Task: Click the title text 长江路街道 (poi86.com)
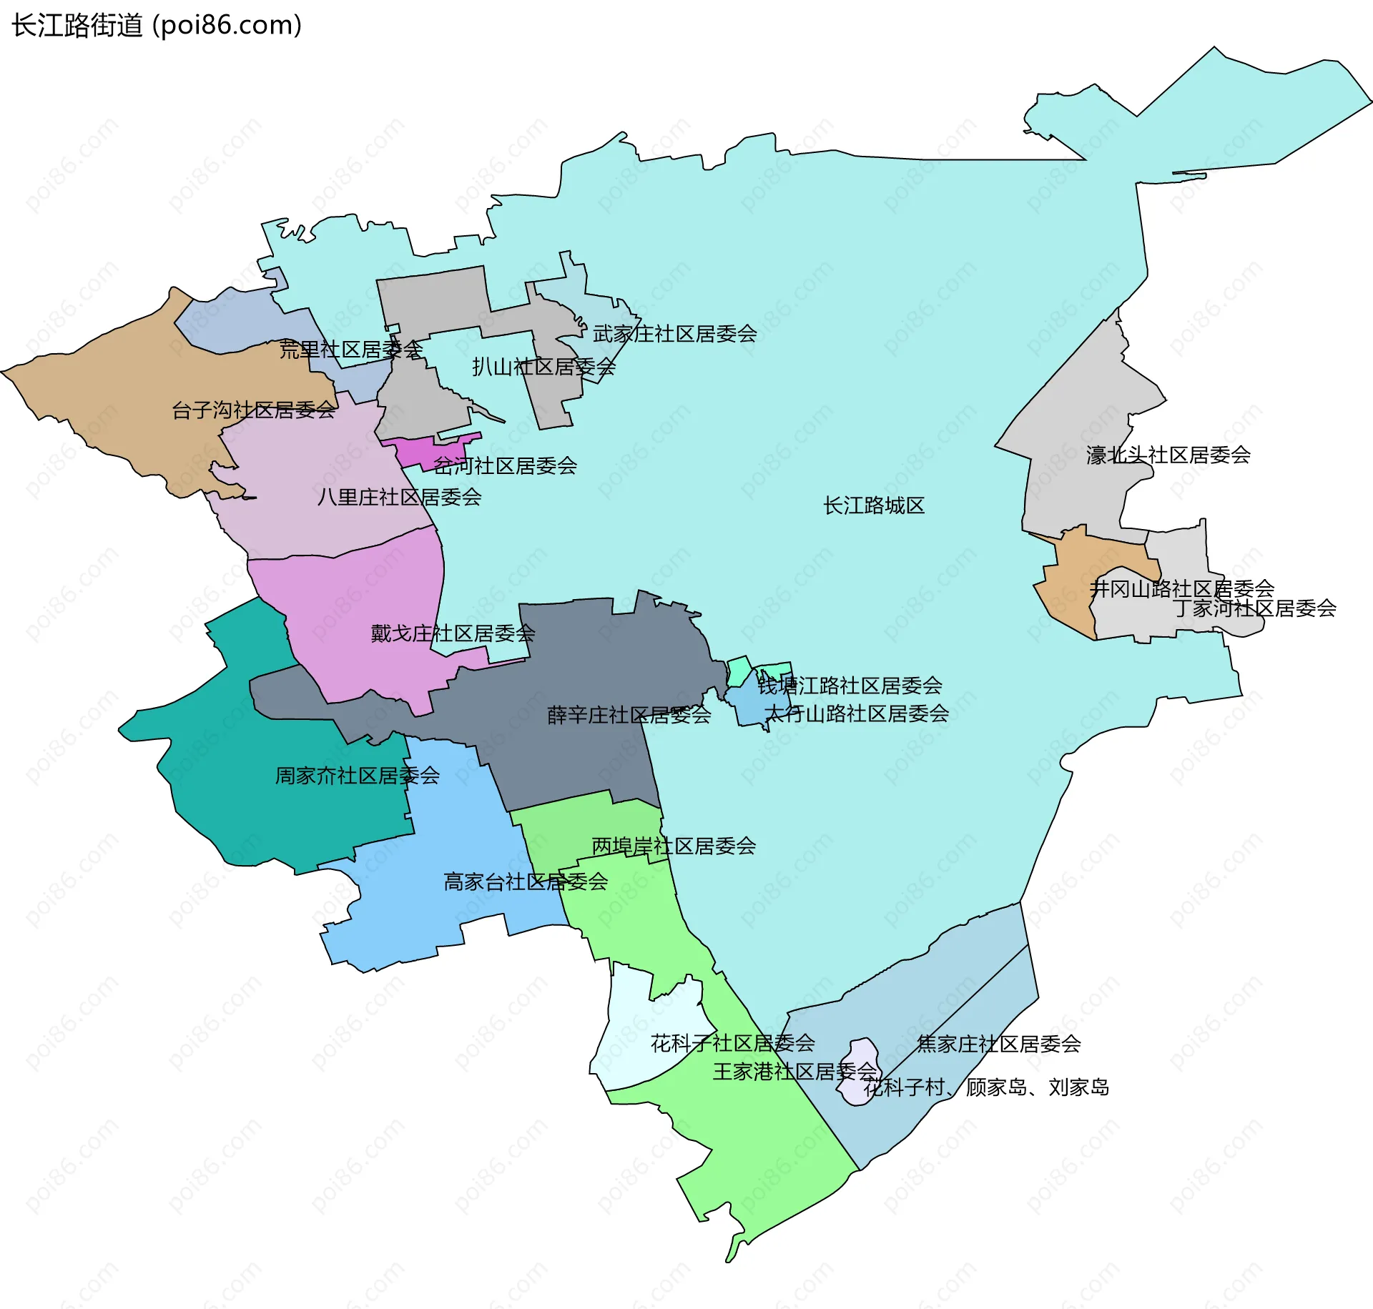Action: (157, 25)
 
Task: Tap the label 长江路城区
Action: (873, 506)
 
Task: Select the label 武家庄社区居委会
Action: (674, 334)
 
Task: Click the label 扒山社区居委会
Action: (543, 367)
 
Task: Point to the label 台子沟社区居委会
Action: (253, 410)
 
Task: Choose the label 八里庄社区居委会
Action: (399, 498)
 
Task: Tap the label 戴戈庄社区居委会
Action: (453, 633)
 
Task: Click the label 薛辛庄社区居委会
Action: (629, 715)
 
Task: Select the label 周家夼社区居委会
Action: (357, 776)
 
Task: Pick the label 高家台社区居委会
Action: (526, 882)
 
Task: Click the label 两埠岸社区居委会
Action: (674, 846)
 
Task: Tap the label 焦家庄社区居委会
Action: (998, 1044)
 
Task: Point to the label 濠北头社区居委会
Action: (1168, 455)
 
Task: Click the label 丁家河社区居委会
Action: (1254, 609)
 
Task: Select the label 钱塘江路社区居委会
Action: (850, 686)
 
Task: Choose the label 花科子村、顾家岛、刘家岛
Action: (986, 1087)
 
